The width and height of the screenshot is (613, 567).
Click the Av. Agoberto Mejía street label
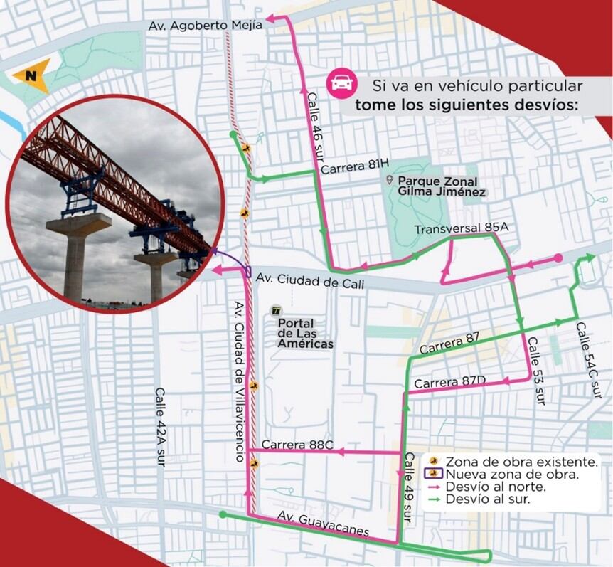(x=205, y=25)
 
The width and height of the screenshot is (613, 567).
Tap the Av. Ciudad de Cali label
(x=311, y=284)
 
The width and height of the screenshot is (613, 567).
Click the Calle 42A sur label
(x=160, y=425)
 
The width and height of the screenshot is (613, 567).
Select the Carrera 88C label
(x=297, y=445)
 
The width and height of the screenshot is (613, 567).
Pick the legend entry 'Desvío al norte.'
(x=495, y=487)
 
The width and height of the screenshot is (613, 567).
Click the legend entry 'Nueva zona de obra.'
(x=511, y=474)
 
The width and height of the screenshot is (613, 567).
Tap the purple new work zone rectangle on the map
(x=248, y=271)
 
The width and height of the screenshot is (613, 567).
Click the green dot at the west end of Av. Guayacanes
(x=223, y=514)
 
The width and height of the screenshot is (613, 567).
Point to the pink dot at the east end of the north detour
(x=558, y=258)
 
